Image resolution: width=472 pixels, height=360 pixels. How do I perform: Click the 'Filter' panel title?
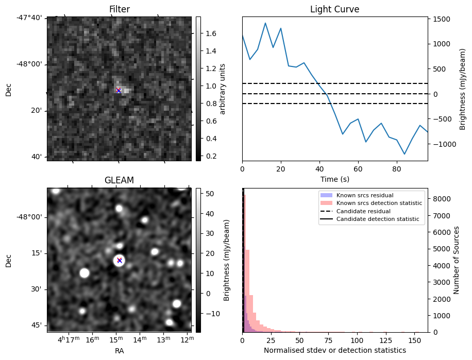pyautogui.click(x=119, y=9)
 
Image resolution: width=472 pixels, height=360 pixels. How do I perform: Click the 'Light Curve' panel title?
pyautogui.click(x=334, y=9)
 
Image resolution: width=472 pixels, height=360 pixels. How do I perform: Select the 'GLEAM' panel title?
pyautogui.click(x=119, y=180)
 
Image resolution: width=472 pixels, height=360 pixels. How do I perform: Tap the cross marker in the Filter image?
pyautogui.click(x=119, y=91)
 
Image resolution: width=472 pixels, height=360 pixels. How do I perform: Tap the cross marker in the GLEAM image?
pyautogui.click(x=120, y=261)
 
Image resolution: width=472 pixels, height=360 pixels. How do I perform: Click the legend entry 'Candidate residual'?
pyautogui.click(x=363, y=212)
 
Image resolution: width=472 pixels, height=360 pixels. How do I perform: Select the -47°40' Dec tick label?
pyautogui.click(x=30, y=18)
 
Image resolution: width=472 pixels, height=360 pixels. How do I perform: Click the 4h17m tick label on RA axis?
pyautogui.click(x=68, y=339)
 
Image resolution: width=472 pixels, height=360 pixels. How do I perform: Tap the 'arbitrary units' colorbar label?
pyautogui.click(x=223, y=89)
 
